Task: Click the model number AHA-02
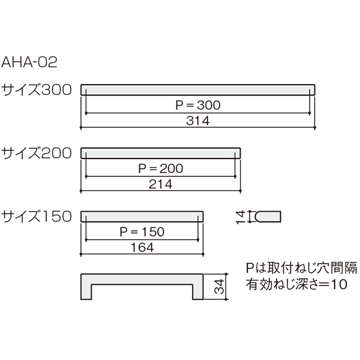coord(29,62)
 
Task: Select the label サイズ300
coord(37,90)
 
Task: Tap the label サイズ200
coord(37,153)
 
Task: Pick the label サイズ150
coord(37,217)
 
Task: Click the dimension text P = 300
coord(198,105)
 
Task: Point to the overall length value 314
coord(198,121)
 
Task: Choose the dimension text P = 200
coord(161,169)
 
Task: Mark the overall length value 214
coord(160,184)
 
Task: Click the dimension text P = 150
coord(142,232)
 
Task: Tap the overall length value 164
coord(142,247)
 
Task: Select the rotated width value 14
coord(241,217)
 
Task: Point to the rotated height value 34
coord(219,287)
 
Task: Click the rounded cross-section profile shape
coord(268,217)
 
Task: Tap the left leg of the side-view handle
coord(86,292)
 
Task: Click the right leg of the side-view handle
coord(197,292)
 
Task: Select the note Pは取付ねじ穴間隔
coord(301,268)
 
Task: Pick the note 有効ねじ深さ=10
coord(296,284)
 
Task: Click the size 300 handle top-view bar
coord(197,90)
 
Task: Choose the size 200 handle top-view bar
coord(160,153)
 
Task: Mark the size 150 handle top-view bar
coord(142,217)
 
